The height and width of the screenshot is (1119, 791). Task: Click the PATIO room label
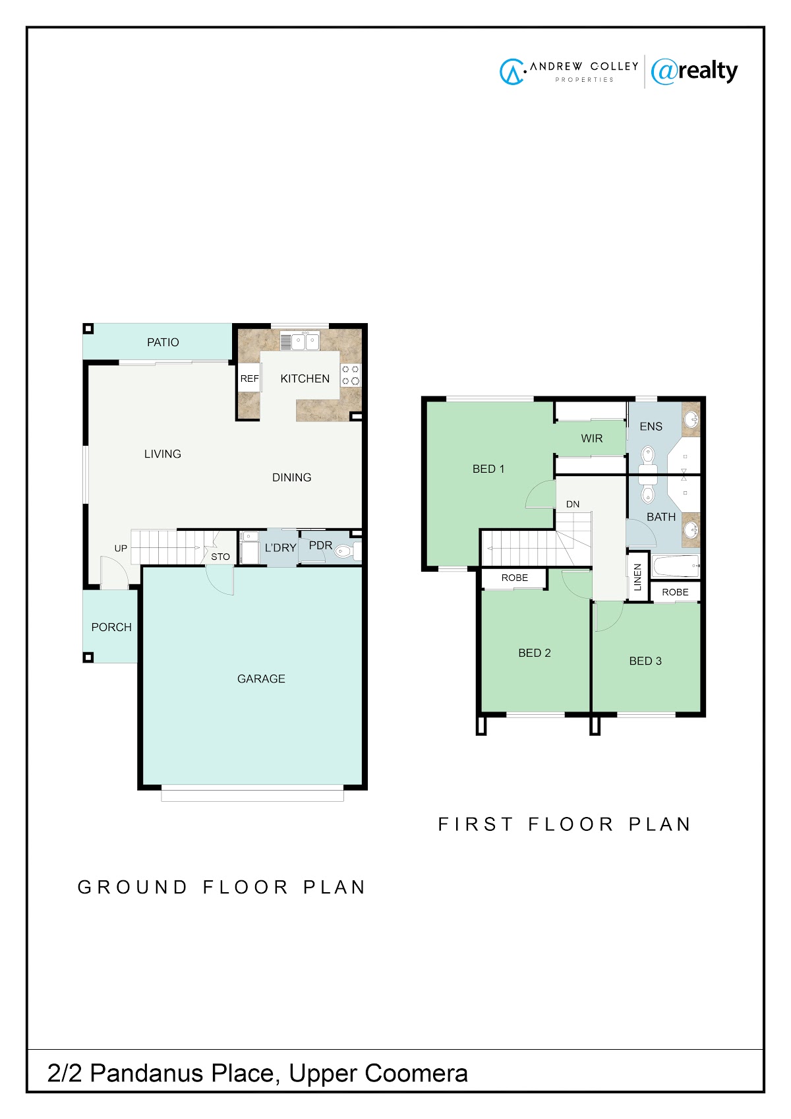[163, 342]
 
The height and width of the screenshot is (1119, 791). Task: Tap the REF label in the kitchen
[249, 378]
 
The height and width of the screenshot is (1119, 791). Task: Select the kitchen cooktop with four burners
[350, 375]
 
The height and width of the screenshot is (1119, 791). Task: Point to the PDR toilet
[347, 551]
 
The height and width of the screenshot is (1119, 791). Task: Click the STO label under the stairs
[220, 557]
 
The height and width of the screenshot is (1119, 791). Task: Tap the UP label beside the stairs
[121, 548]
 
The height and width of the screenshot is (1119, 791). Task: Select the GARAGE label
[261, 679]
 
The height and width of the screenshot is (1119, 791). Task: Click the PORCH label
[111, 627]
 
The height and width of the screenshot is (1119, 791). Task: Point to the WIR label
[592, 438]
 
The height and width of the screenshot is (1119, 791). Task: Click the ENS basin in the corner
[691, 419]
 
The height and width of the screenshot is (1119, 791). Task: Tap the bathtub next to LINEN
[676, 566]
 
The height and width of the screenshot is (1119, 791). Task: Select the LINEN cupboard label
[637, 578]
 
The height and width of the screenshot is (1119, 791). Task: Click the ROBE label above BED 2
[514, 578]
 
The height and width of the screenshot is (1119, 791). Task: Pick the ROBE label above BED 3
[675, 592]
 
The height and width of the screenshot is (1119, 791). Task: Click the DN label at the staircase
[573, 504]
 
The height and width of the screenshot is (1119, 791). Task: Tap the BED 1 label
[488, 469]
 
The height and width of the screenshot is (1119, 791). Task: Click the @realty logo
[694, 71]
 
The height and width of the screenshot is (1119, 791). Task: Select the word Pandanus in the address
[147, 1073]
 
